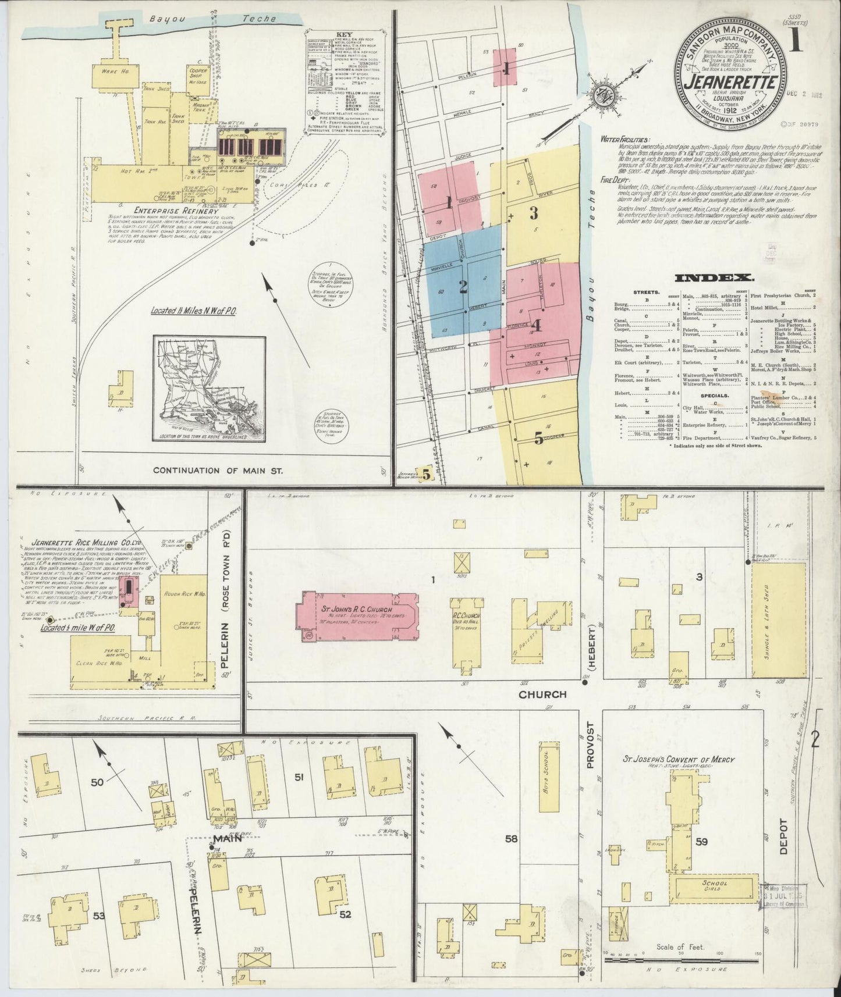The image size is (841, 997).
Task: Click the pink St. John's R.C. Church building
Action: coord(356,616)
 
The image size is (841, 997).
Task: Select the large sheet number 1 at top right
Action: coord(796,42)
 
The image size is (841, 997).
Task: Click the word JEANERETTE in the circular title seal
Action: coord(732,82)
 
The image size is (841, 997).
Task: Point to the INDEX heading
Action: coord(714,278)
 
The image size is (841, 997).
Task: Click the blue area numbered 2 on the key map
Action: coord(463,285)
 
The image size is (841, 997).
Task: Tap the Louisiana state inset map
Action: coord(209,388)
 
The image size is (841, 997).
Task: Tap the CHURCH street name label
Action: coord(542,694)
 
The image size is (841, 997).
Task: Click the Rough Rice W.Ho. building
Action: coord(183,611)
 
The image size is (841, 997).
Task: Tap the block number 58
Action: coord(512,838)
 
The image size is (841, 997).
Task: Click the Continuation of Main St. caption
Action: coord(218,470)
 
